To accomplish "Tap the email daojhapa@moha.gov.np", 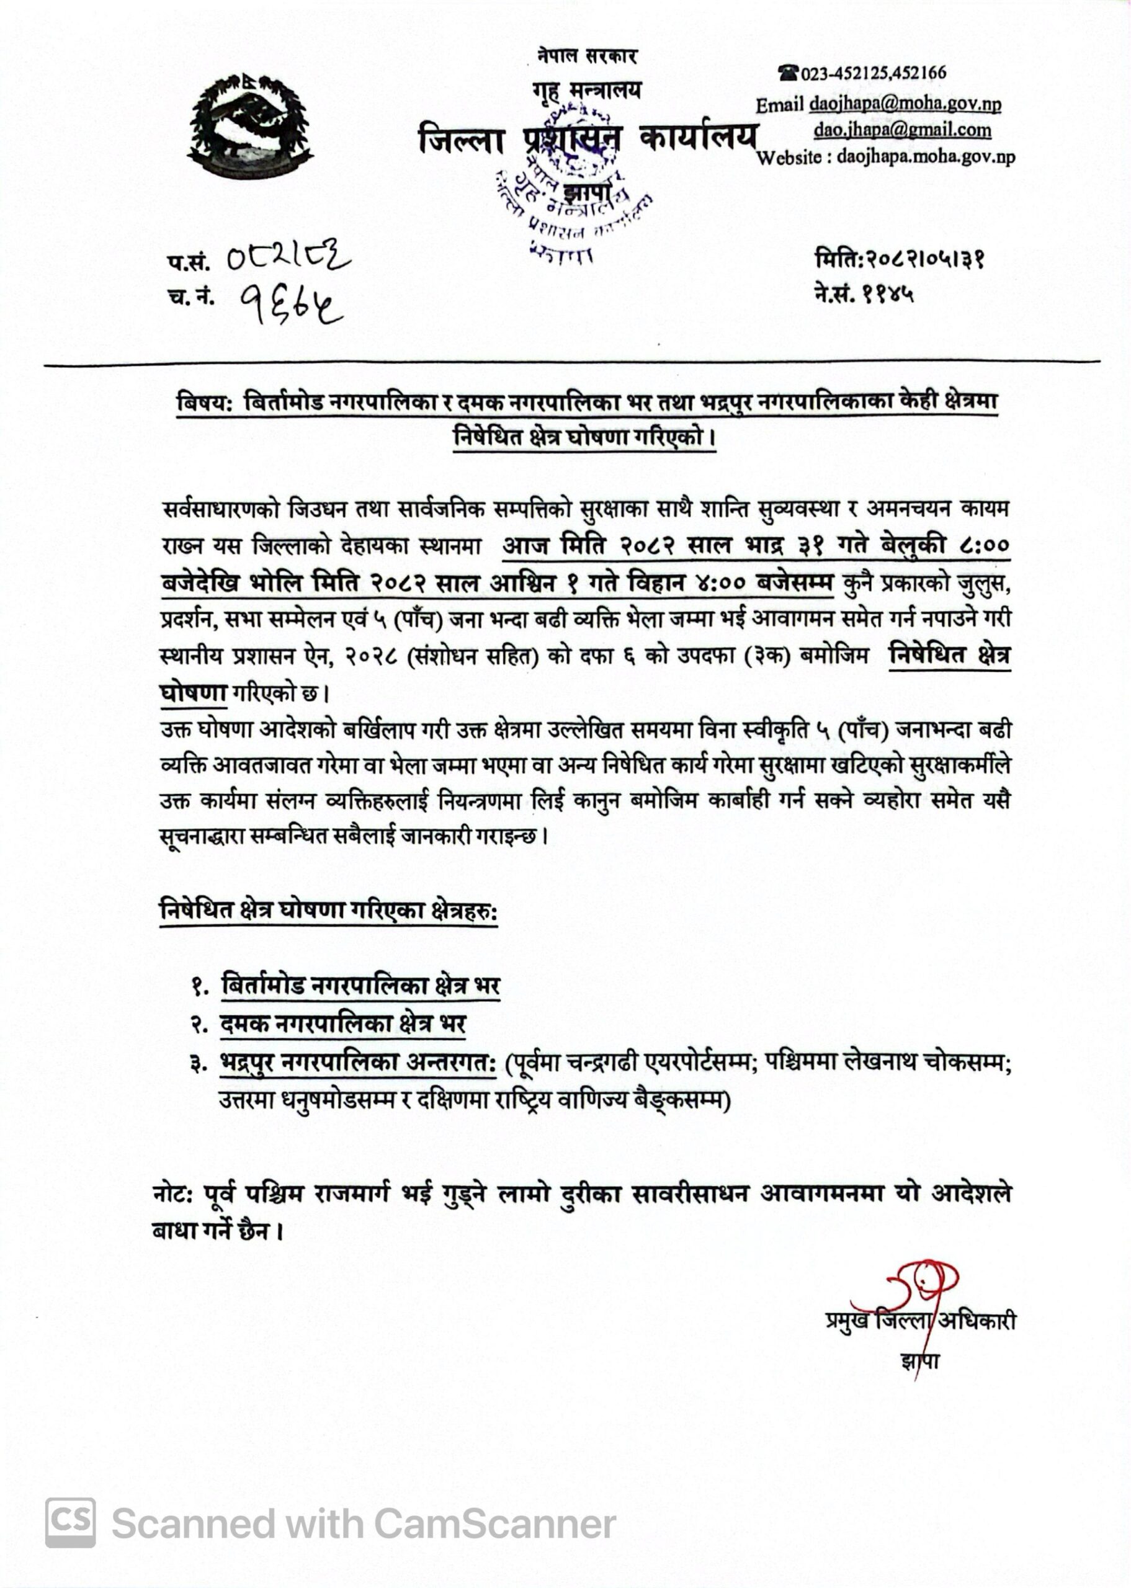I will [905, 104].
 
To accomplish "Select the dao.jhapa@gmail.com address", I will [903, 130].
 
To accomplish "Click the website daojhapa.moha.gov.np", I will [926, 157].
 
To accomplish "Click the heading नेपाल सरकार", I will [587, 57].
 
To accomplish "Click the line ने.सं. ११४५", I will [863, 295].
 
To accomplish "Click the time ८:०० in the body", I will [981, 546].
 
